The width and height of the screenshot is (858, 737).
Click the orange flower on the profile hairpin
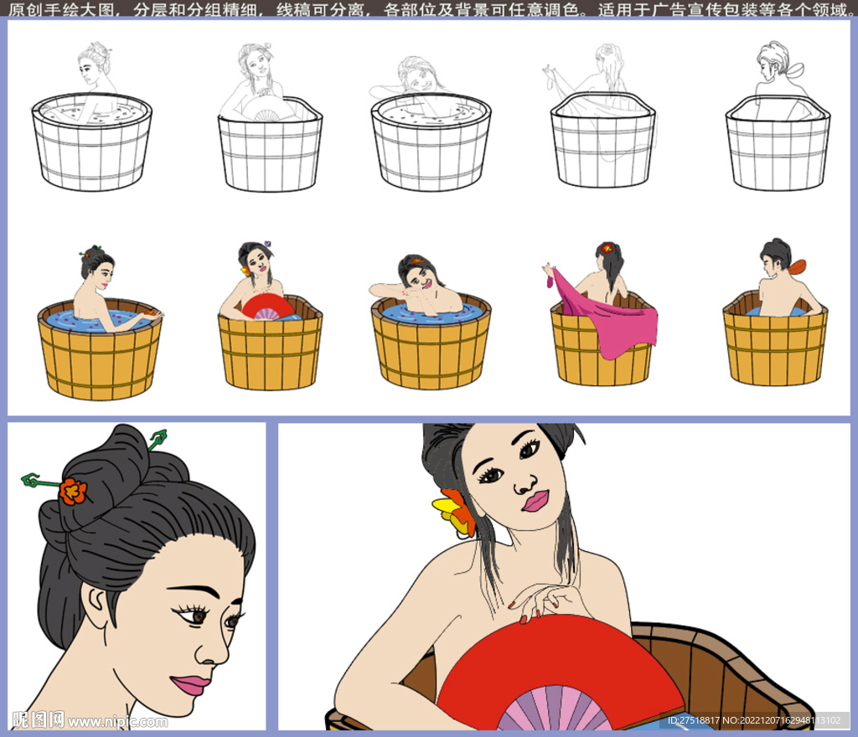[x=73, y=491]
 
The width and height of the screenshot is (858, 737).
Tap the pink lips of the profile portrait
[x=190, y=684]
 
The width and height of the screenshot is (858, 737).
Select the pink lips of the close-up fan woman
[x=535, y=501]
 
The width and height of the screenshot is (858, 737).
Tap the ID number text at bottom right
[x=753, y=720]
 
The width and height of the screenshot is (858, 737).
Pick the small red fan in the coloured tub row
[x=268, y=307]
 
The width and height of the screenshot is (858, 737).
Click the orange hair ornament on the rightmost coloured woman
[x=798, y=267]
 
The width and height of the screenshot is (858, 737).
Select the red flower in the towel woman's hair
[x=607, y=248]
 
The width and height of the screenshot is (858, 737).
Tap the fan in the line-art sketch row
[x=268, y=112]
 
